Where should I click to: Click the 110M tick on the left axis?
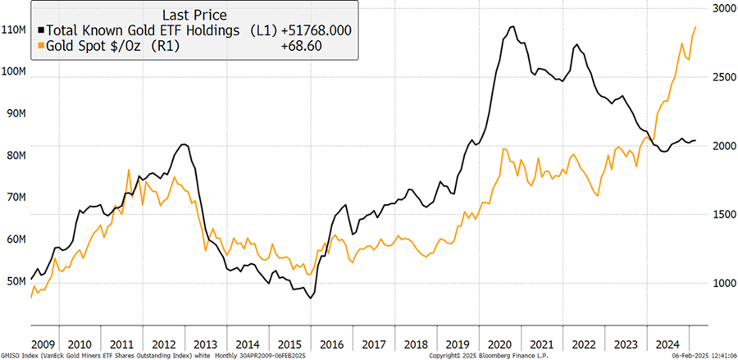14,30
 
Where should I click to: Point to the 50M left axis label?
12,281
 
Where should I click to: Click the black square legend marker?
40,30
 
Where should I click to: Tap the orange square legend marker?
40,47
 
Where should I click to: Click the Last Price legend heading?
194,13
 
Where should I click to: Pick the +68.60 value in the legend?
325,47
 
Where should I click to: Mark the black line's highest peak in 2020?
512,26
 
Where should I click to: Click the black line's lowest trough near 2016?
311,298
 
